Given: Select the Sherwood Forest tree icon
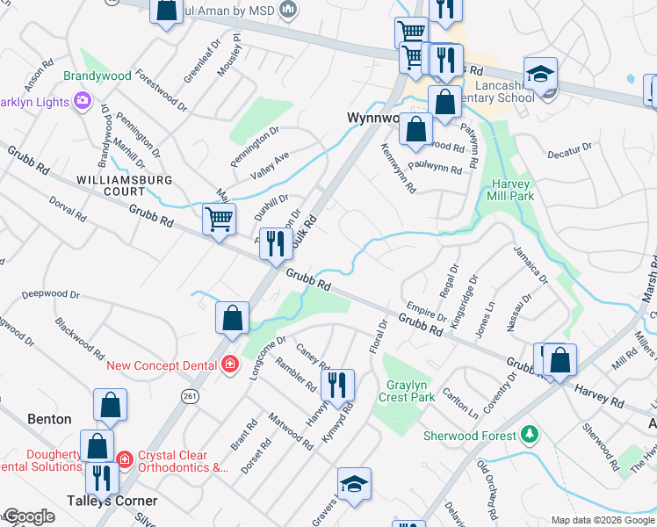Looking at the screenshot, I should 529,435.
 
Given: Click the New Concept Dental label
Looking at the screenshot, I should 164,365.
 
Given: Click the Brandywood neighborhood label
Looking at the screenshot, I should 97,76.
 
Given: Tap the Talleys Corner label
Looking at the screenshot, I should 112,501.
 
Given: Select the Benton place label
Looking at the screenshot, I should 48,420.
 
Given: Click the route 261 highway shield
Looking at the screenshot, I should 190,397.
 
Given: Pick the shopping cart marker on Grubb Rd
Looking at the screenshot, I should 219,219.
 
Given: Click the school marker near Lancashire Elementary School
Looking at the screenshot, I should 541,73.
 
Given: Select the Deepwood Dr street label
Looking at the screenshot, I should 51,294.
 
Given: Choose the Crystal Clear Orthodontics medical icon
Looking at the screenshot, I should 125,457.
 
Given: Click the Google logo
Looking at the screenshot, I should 29,517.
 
